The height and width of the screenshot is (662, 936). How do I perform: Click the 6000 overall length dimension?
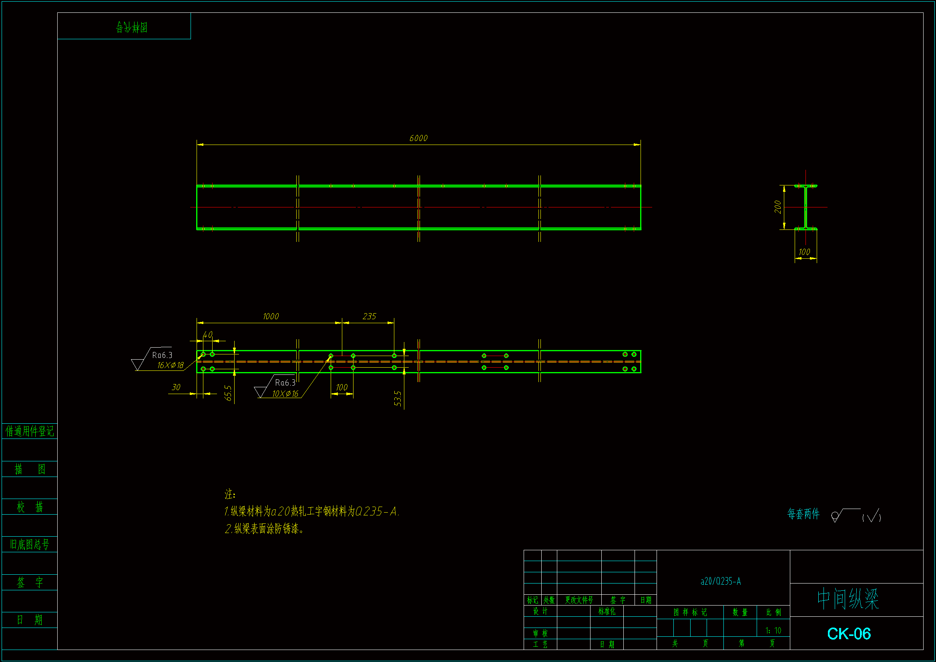(418, 139)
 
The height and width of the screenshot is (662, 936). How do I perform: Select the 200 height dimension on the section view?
(777, 207)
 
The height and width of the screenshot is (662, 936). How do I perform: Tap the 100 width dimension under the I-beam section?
(804, 252)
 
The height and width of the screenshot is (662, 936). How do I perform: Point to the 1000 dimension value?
(271, 316)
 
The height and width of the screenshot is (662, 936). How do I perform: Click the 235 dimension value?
(370, 316)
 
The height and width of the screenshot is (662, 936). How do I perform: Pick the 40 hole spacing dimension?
(207, 335)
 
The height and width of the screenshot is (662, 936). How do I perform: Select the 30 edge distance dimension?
(176, 387)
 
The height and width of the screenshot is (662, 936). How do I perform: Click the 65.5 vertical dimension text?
(228, 393)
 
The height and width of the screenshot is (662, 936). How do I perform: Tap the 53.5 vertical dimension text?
(398, 398)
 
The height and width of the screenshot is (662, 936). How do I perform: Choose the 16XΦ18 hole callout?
(171, 366)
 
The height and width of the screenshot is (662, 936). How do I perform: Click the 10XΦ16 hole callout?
(285, 394)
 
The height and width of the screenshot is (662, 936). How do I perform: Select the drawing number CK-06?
(849, 634)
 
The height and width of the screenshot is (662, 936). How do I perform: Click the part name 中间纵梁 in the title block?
(848, 599)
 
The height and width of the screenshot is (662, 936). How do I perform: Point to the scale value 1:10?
(773, 631)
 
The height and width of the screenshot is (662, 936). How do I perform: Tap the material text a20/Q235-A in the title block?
(720, 581)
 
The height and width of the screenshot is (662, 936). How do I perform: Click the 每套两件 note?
(803, 514)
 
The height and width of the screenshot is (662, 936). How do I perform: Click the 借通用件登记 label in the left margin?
(29, 431)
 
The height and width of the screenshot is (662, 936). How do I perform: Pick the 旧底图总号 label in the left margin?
(29, 545)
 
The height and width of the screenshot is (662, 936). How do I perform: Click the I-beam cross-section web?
(805, 207)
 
